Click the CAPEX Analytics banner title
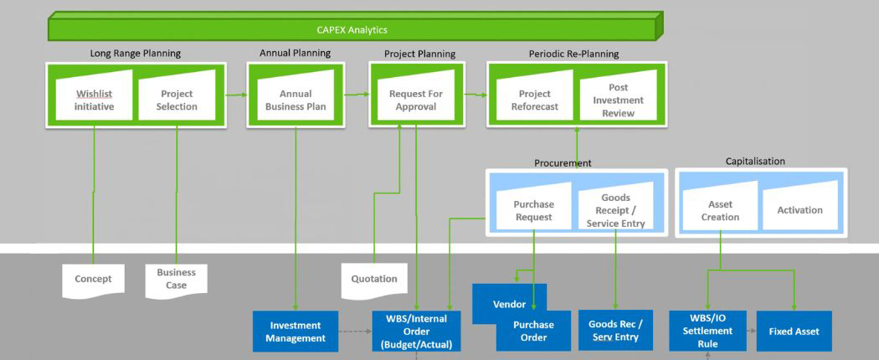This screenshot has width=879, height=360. click(352, 30)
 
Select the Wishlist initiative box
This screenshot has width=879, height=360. click(94, 100)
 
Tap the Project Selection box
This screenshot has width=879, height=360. click(177, 100)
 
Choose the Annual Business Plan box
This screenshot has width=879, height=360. click(296, 100)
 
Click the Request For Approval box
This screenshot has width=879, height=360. click(416, 100)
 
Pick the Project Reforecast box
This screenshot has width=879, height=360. click(534, 100)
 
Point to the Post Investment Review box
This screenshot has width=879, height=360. click(619, 100)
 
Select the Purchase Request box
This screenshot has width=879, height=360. click(533, 210)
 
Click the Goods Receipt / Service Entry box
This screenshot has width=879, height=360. click(616, 210)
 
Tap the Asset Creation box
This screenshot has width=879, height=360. click(720, 210)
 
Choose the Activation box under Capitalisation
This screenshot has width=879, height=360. click(799, 210)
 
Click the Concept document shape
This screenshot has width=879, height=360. click(93, 279)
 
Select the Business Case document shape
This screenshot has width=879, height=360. click(176, 279)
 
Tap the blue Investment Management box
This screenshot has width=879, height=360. click(296, 332)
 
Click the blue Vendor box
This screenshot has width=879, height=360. click(508, 303)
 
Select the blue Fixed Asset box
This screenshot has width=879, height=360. click(794, 332)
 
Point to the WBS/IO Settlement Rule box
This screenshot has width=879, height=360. click(707, 331)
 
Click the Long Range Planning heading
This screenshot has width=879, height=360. click(135, 54)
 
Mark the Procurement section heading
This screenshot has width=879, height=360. click(563, 163)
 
